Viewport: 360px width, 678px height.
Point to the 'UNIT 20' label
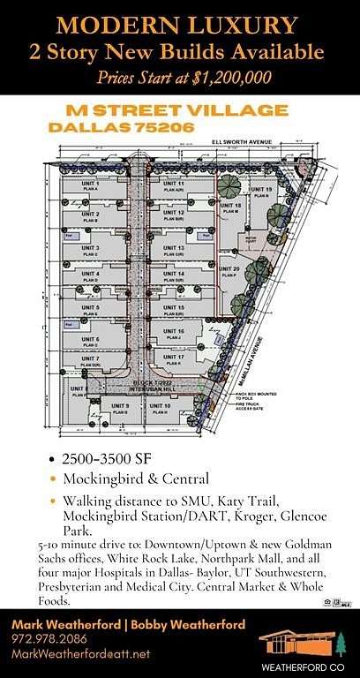click(231, 268)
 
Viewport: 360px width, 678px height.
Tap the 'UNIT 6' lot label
click(91, 339)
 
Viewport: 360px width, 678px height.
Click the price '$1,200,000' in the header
click(233, 78)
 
